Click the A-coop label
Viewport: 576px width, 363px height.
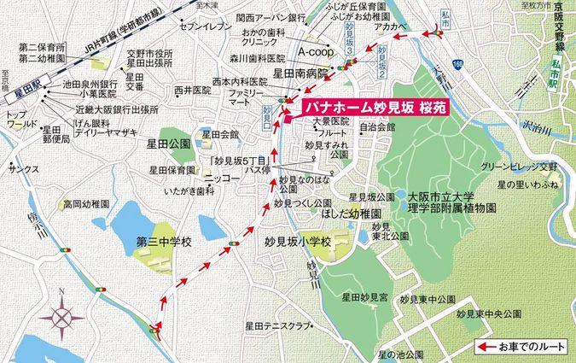[x=311, y=51]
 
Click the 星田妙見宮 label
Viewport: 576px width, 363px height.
[x=364, y=298]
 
